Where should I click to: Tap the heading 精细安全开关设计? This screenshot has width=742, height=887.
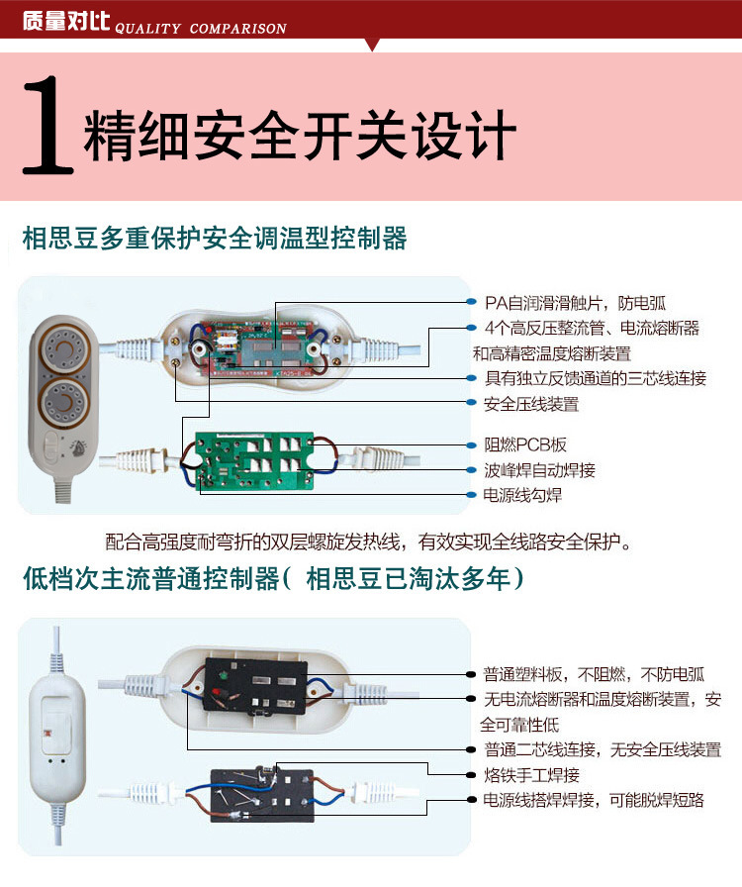coord(301,135)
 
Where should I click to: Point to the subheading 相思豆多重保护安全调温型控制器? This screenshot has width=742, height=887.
coord(215,239)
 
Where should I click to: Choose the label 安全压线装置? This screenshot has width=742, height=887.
coord(531,404)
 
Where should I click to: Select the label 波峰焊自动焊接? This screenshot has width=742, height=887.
coord(539,470)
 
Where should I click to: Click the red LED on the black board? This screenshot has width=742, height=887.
coord(218,690)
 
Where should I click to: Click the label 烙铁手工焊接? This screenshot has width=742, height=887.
coord(531,775)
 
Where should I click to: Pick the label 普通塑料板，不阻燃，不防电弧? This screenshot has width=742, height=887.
coord(594,674)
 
